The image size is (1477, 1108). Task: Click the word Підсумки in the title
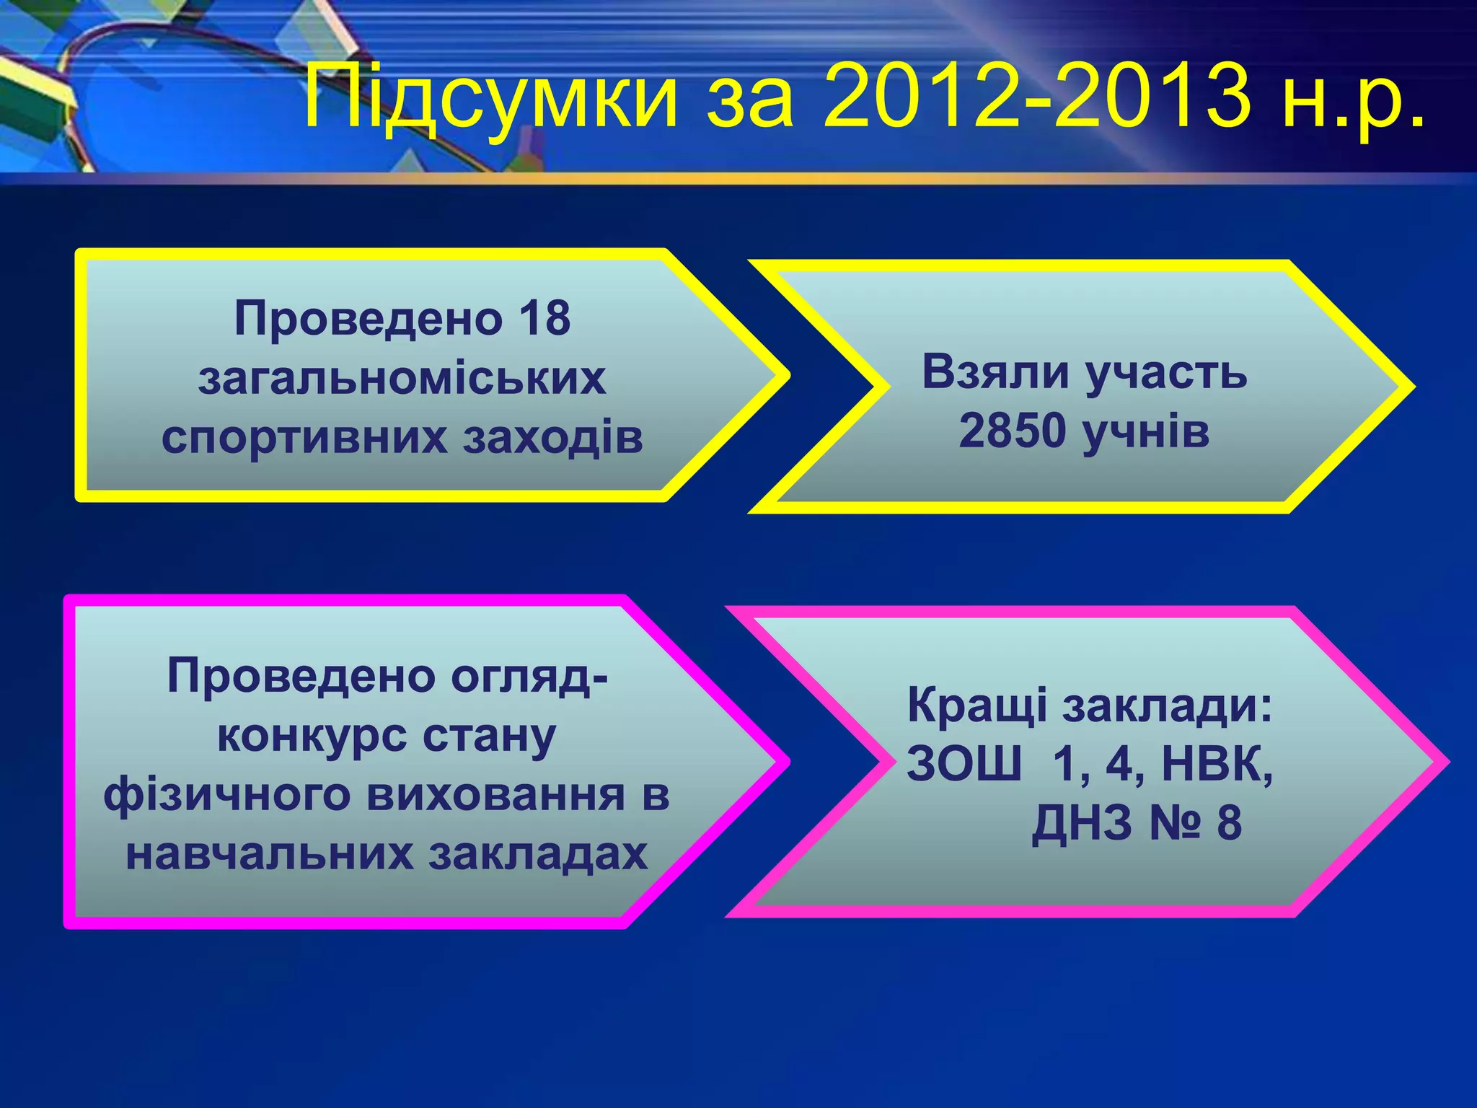(490, 97)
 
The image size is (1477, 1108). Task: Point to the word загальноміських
(402, 378)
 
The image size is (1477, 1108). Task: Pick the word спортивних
(304, 437)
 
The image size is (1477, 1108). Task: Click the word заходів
(552, 437)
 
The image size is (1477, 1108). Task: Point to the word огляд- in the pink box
(530, 677)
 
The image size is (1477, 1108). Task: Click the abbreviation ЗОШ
(964, 765)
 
